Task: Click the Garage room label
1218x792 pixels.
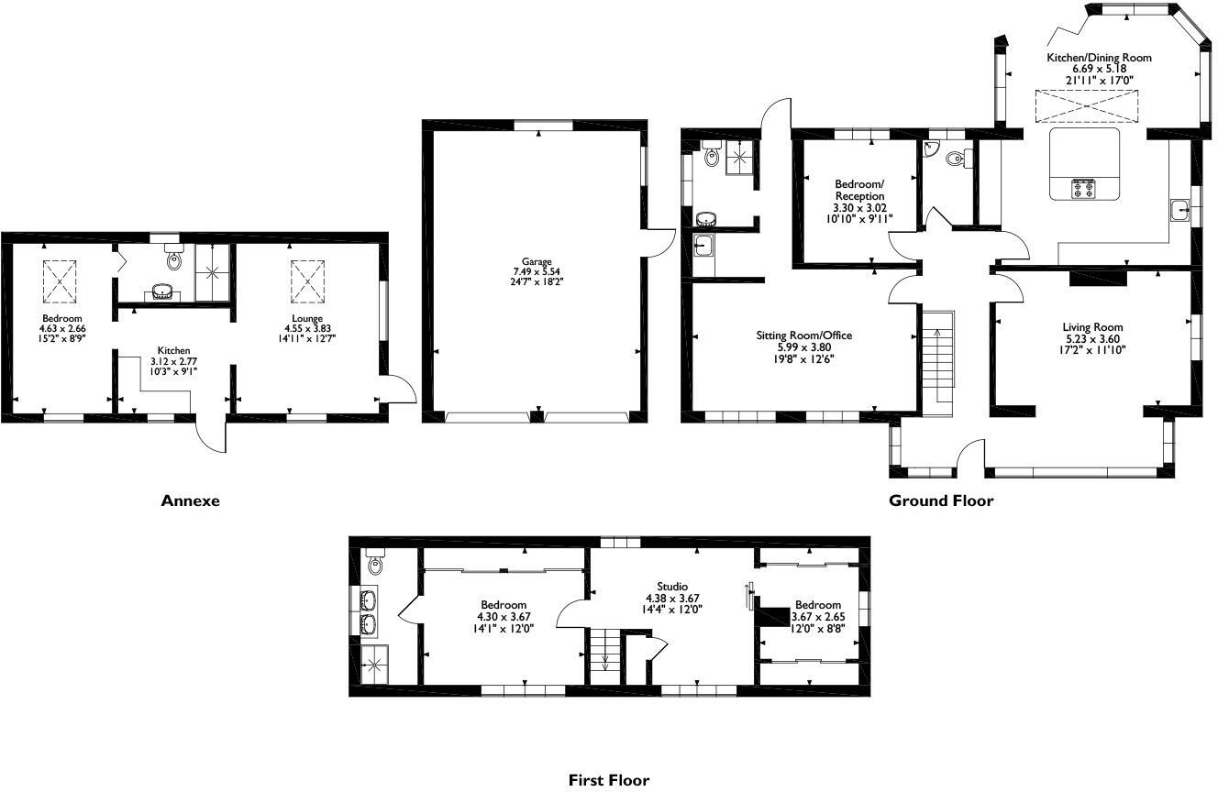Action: pyautogui.click(x=537, y=262)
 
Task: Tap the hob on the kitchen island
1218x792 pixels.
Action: pyautogui.click(x=1083, y=189)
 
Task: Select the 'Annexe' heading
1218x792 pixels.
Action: pyautogui.click(x=191, y=500)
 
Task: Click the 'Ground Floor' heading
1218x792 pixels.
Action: pyautogui.click(x=941, y=500)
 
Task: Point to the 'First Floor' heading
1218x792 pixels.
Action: pyautogui.click(x=609, y=780)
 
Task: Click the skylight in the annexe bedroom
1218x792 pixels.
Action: pyautogui.click(x=60, y=280)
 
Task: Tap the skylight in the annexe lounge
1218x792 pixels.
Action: pyautogui.click(x=307, y=280)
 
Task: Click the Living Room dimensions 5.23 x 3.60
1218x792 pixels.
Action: pyautogui.click(x=1092, y=338)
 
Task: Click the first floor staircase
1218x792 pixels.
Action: pyautogui.click(x=604, y=654)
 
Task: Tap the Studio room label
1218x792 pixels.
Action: pyautogui.click(x=672, y=587)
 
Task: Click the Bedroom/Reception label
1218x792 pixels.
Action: pyautogui.click(x=859, y=190)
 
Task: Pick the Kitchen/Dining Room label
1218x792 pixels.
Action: pyautogui.click(x=1099, y=58)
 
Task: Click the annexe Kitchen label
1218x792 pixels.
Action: pyautogui.click(x=173, y=350)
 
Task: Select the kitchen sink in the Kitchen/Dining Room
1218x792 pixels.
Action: pyautogui.click(x=1180, y=211)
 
